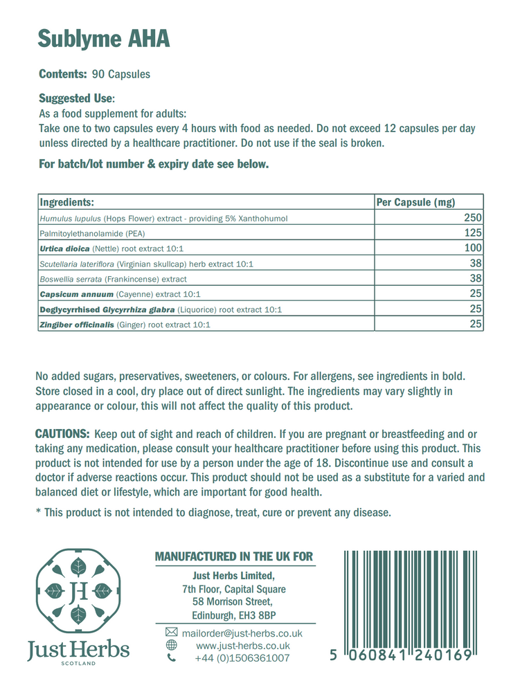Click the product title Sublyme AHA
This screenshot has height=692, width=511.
[x=103, y=39]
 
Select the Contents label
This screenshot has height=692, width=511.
[x=62, y=74]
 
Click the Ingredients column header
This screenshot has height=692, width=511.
[x=66, y=202]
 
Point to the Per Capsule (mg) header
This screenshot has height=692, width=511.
[x=415, y=202]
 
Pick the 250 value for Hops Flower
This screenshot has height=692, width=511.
[x=473, y=218]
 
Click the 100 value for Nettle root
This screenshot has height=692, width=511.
[x=473, y=248]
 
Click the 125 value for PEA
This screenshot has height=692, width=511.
[x=473, y=233]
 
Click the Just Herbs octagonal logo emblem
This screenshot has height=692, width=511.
[x=78, y=592]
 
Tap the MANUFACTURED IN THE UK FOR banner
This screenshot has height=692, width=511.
[x=233, y=556]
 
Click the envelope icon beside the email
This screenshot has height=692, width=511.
[x=171, y=633]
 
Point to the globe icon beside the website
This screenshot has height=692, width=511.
[x=171, y=646]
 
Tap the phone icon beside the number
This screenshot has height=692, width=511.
[x=171, y=658]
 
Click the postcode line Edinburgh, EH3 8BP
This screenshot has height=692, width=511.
[x=234, y=614]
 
